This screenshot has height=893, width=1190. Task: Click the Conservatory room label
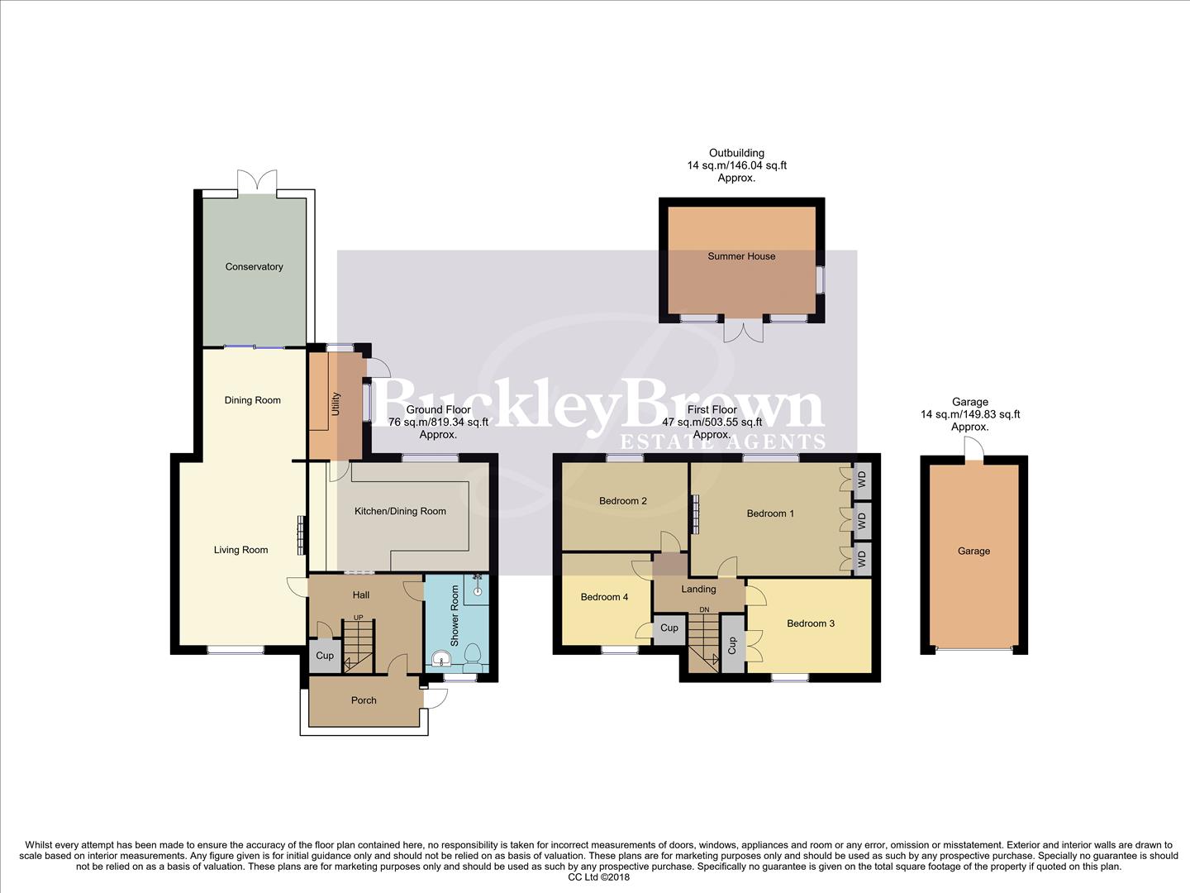(254, 267)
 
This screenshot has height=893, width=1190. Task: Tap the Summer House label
(741, 256)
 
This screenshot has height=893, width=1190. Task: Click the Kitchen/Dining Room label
(400, 511)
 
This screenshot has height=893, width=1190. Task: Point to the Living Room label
(240, 550)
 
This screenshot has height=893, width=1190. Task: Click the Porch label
(364, 700)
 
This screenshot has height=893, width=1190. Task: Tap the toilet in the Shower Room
(473, 656)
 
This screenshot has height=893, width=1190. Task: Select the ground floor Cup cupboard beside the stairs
(325, 656)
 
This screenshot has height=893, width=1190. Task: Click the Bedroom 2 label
(622, 501)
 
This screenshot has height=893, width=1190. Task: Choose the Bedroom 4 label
(604, 597)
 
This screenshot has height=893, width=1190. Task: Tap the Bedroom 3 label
(810, 623)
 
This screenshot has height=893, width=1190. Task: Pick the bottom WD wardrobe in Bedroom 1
(862, 559)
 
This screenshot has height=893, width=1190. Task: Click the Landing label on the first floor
(698, 590)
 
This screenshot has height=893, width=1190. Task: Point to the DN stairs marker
(704, 610)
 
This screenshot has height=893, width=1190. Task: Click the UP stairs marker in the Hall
(358, 618)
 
